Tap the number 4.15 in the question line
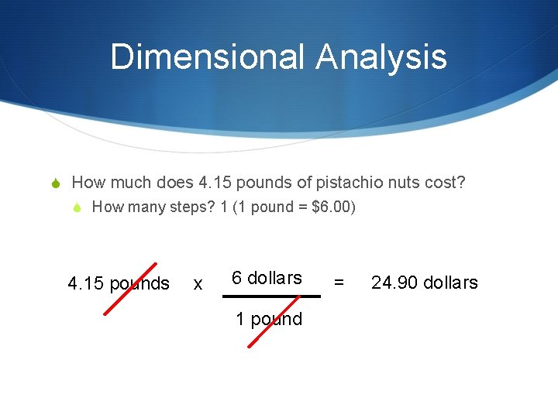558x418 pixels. point(215,183)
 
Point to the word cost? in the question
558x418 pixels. point(446,183)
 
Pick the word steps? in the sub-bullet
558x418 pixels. point(184,207)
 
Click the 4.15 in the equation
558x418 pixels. point(86,283)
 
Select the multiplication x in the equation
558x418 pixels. point(198,284)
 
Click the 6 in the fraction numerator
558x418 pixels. point(237,278)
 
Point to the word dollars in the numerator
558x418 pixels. point(274,278)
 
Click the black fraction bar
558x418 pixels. point(271,296)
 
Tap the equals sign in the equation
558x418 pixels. point(339,283)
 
